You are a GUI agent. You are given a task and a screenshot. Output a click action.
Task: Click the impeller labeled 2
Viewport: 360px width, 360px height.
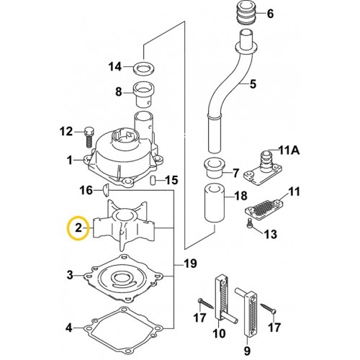click(x=124, y=225)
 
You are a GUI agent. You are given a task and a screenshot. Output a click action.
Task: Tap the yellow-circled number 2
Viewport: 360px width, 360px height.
click(x=78, y=228)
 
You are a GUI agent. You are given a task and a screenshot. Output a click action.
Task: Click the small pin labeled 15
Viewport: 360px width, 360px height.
click(x=152, y=180)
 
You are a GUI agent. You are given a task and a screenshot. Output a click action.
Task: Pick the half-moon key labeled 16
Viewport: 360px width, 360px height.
click(x=106, y=189)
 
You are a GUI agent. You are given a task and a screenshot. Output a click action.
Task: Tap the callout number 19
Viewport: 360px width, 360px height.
click(x=190, y=264)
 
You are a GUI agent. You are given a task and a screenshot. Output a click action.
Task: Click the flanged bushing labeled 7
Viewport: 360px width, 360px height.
click(x=214, y=168)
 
